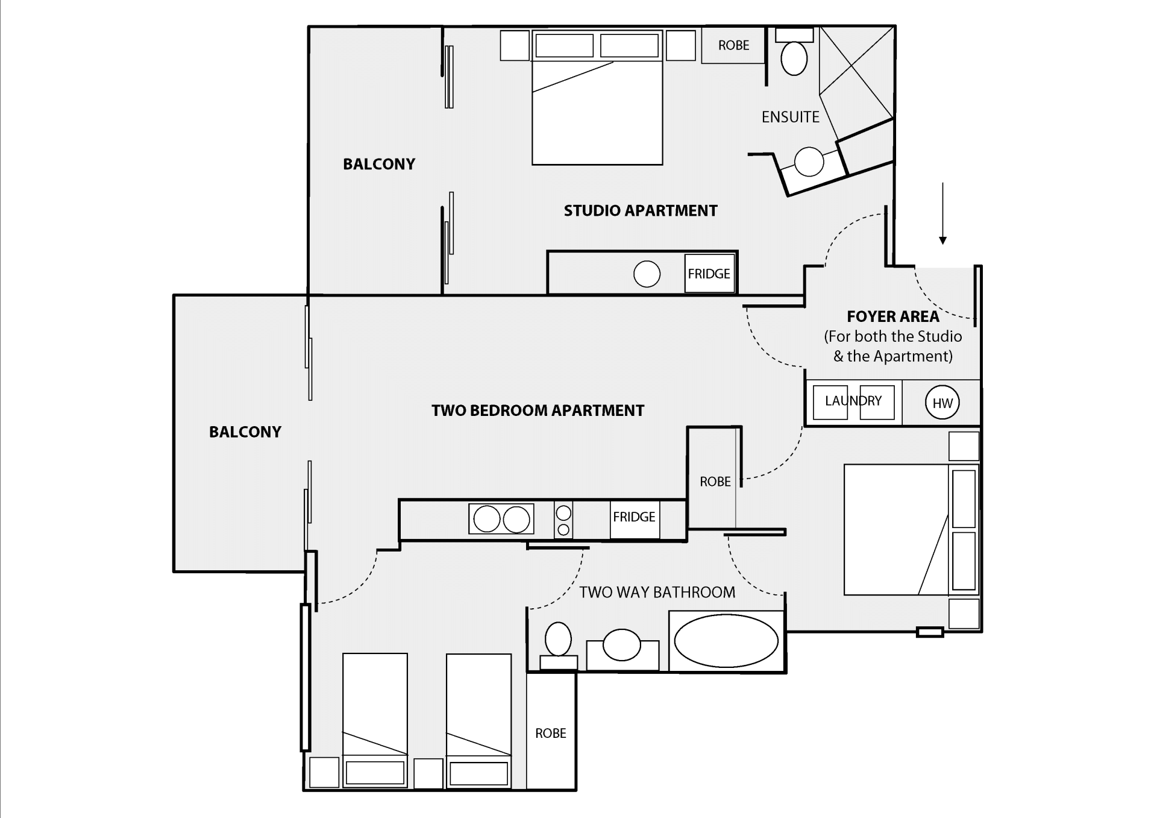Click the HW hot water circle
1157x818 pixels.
942,403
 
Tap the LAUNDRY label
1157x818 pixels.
853,401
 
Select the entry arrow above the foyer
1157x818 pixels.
942,213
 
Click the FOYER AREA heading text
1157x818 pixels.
892,316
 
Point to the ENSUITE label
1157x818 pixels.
790,117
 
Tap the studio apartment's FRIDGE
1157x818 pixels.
709,274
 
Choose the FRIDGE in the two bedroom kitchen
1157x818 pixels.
634,517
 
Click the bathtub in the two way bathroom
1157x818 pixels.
726,641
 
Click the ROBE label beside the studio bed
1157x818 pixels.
733,45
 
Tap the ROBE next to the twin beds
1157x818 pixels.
551,733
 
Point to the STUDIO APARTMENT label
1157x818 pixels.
641,210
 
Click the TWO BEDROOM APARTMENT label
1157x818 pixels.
538,411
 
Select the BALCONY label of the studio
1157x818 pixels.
379,164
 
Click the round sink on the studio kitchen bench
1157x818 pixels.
647,274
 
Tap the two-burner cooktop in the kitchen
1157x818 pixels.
501,519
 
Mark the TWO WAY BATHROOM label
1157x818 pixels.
657,592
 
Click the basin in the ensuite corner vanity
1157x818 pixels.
809,162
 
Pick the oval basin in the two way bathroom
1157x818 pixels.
622,644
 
